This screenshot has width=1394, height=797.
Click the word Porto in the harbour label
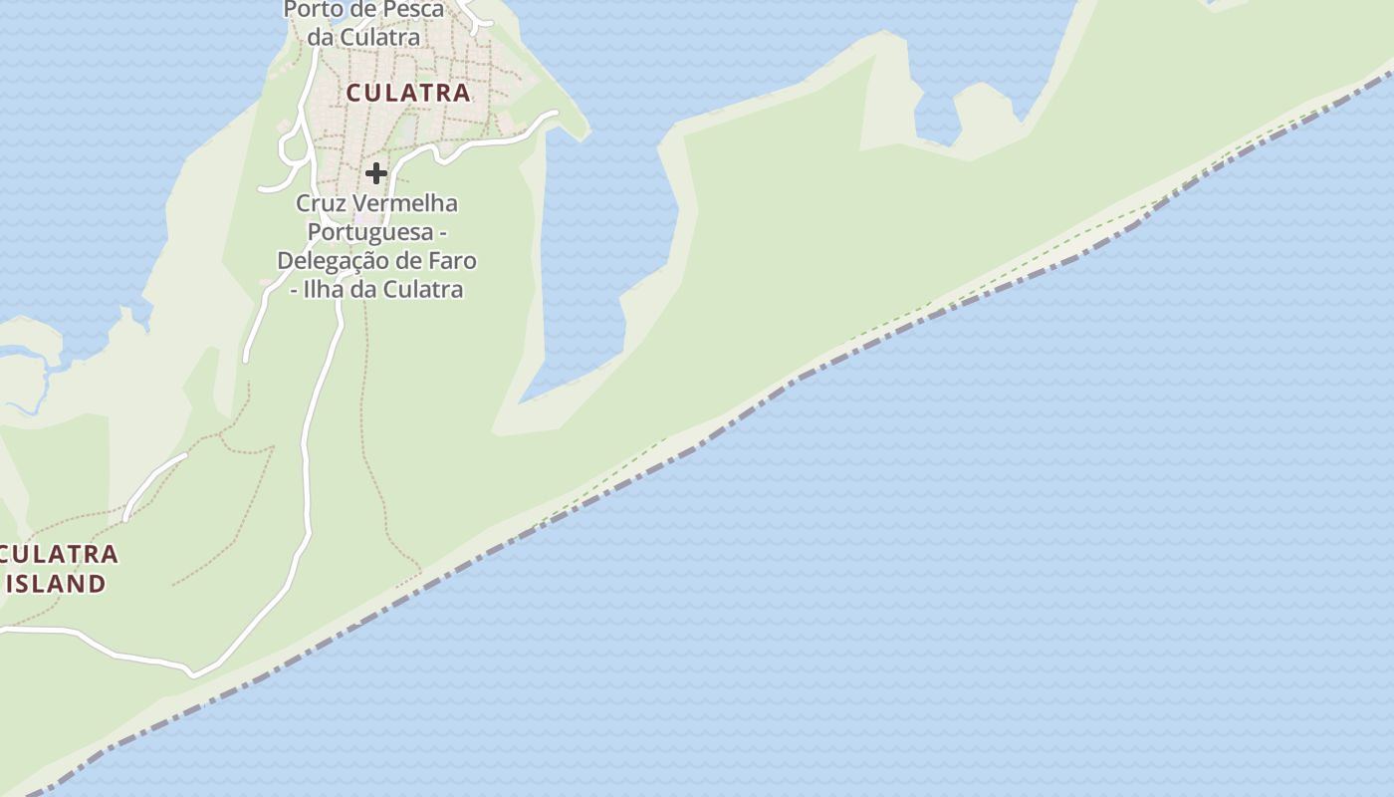[x=313, y=10]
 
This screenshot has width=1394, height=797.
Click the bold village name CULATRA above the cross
[x=408, y=93]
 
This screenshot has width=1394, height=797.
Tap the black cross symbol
[x=375, y=173]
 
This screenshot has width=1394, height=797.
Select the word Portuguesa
[x=370, y=232]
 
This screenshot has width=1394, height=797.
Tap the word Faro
[x=453, y=261]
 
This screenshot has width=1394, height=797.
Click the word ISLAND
[x=57, y=584]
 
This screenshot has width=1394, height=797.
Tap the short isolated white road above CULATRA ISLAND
[x=154, y=485]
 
